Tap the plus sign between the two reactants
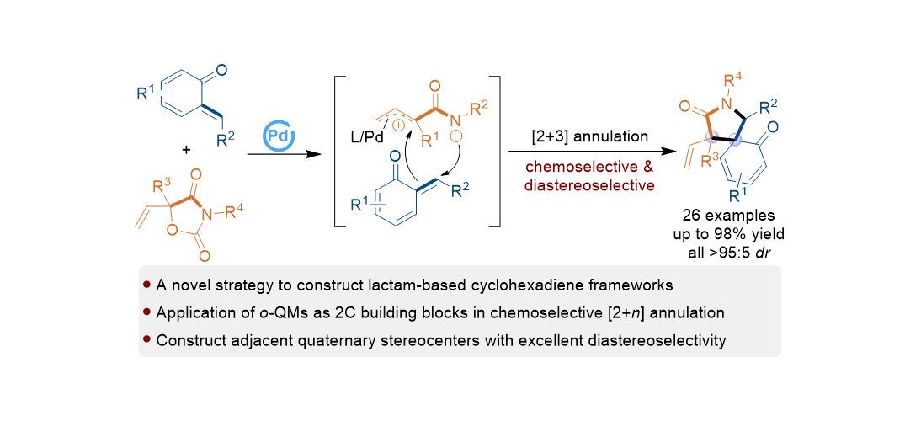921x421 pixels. pos(185,151)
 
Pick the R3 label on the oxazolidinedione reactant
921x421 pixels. pos(163,186)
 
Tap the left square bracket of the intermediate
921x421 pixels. pos(338,152)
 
